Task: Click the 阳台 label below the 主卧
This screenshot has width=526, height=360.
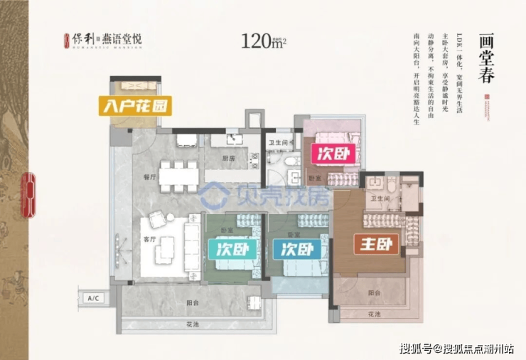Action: pos(374,292)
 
